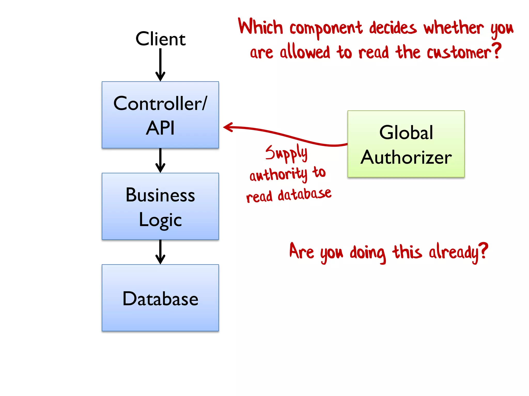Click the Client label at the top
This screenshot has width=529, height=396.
coord(160,39)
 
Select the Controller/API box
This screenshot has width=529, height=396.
coord(160,115)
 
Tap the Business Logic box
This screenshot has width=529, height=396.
coord(160,206)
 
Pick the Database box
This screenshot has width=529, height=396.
coord(160,298)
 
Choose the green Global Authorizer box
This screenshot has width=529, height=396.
coord(406,144)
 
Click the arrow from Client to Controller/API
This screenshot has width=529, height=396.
coord(160,64)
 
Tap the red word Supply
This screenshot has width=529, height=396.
coord(286,153)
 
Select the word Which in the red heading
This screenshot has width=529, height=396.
coord(260,27)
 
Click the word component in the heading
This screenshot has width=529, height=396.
coord(326,28)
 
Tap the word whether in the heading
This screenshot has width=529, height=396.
coord(454,28)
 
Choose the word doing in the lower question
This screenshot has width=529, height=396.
coord(368,253)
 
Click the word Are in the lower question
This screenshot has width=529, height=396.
coord(301,251)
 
